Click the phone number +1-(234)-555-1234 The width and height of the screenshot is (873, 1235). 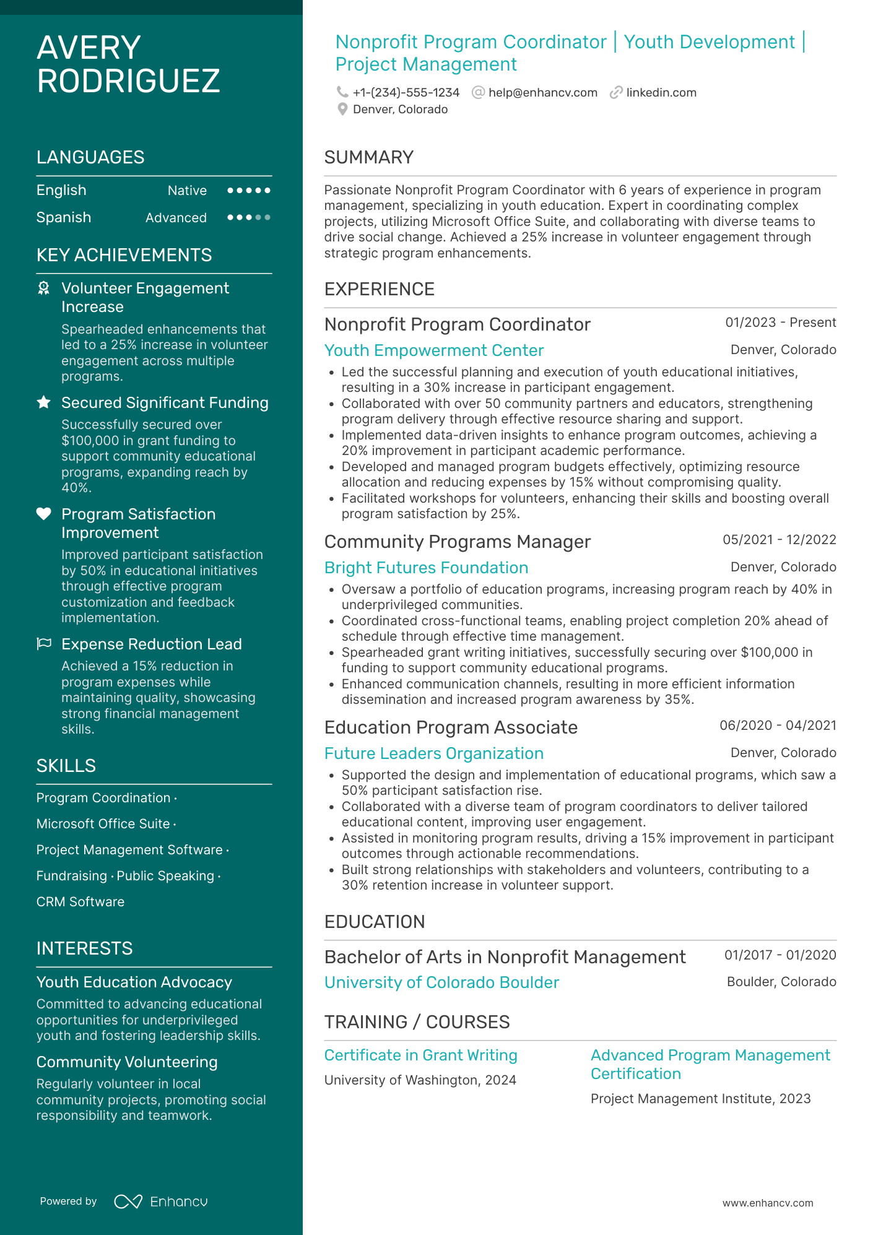pyautogui.click(x=406, y=93)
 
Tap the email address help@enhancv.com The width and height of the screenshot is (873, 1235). pyautogui.click(x=542, y=93)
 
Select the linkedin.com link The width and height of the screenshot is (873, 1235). pyautogui.click(x=661, y=93)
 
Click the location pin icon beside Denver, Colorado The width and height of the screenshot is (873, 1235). pyautogui.click(x=342, y=110)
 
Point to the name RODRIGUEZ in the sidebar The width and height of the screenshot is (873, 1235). pyautogui.click(x=128, y=81)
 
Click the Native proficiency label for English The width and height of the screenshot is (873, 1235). pyautogui.click(x=187, y=191)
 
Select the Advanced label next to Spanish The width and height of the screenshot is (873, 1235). pyautogui.click(x=176, y=218)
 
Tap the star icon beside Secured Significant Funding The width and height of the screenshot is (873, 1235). pyautogui.click(x=44, y=403)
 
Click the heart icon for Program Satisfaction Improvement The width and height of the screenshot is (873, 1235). pyautogui.click(x=44, y=514)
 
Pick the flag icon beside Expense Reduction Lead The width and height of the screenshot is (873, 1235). pyautogui.click(x=44, y=644)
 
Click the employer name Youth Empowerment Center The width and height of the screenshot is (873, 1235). pyautogui.click(x=433, y=350)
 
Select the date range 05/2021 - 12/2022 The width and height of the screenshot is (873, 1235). pyautogui.click(x=779, y=540)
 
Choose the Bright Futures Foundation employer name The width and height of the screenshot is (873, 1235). pyautogui.click(x=426, y=568)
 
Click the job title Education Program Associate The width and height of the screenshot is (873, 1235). pyautogui.click(x=451, y=727)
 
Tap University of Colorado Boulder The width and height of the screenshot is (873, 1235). pyautogui.click(x=441, y=982)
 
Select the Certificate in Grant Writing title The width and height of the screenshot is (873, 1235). pyautogui.click(x=420, y=1055)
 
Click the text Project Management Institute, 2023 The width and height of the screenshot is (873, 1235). pyautogui.click(x=700, y=1099)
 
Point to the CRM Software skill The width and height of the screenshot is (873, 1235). pyautogui.click(x=80, y=902)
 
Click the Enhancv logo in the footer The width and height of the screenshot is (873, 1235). pyautogui.click(x=161, y=1202)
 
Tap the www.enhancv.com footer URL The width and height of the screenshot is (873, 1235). pyautogui.click(x=767, y=1203)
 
